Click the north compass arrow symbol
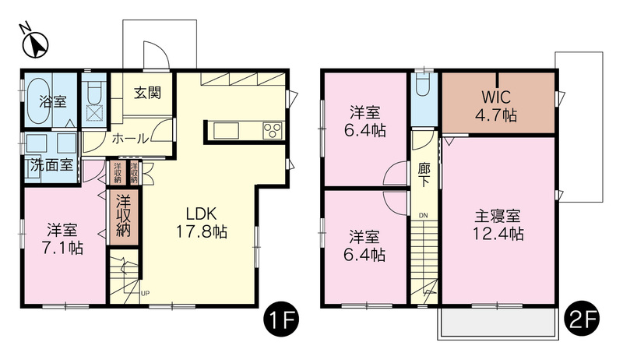coord(33,43)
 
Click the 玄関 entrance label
coord(146,93)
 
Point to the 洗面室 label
coord(51,165)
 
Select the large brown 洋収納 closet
coord(123,218)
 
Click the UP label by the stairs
coord(145,294)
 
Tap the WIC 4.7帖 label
coord(498,108)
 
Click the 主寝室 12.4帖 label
coord(498,224)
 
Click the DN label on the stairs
coord(424,215)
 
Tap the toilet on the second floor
coord(424,86)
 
